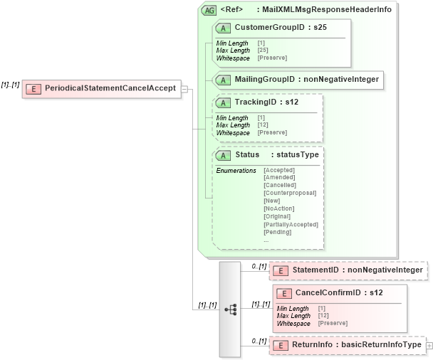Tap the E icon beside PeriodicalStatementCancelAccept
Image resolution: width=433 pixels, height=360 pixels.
click(x=34, y=89)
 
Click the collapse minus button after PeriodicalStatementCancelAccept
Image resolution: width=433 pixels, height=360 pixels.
click(x=184, y=89)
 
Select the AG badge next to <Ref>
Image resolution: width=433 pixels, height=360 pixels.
click(x=209, y=11)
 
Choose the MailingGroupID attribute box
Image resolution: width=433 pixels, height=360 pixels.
click(x=298, y=80)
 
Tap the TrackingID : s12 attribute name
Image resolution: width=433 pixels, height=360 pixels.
click(x=266, y=102)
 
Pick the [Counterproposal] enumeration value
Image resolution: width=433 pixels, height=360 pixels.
click(x=290, y=193)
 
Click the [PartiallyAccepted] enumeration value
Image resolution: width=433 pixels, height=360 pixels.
click(x=291, y=224)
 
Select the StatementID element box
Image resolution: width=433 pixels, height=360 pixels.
click(x=349, y=270)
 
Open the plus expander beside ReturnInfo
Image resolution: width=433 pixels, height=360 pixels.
click(x=429, y=345)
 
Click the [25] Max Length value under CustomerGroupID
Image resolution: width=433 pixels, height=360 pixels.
click(x=262, y=51)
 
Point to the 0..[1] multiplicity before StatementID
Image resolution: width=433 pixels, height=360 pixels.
click(x=259, y=266)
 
